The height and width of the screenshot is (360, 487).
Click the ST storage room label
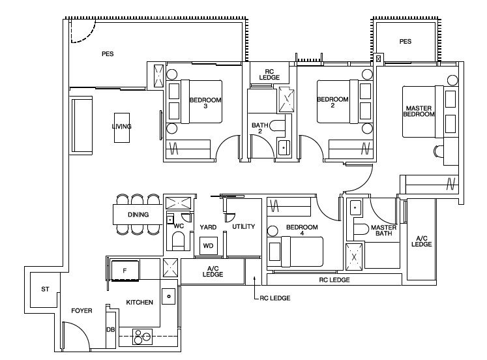(x=46, y=289)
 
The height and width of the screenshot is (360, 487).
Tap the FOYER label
(x=81, y=310)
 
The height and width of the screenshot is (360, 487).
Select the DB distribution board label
(x=111, y=329)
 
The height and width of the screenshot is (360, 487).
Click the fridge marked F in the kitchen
(x=125, y=271)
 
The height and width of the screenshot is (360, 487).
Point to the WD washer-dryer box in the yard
(x=208, y=246)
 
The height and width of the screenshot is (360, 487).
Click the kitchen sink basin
(x=169, y=296)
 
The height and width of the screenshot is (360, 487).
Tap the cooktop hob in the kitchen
(x=143, y=337)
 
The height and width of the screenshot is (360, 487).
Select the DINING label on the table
(x=138, y=215)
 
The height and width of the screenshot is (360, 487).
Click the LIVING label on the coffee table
(x=121, y=127)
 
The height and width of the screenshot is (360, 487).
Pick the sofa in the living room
(x=82, y=125)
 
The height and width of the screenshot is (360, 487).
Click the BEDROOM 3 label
(x=205, y=103)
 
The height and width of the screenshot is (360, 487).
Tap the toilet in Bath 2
(x=277, y=125)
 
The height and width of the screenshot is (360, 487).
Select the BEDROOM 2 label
(x=332, y=102)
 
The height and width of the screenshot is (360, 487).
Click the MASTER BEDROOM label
(x=419, y=112)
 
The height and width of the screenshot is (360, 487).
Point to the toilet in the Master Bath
(x=361, y=229)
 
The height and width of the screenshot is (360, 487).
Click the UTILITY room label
(x=244, y=226)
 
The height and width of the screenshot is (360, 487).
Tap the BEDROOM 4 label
(x=302, y=230)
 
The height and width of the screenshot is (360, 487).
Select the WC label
(x=179, y=226)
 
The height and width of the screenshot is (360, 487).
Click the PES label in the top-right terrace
(x=406, y=41)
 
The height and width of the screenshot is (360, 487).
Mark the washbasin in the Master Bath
(x=355, y=207)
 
